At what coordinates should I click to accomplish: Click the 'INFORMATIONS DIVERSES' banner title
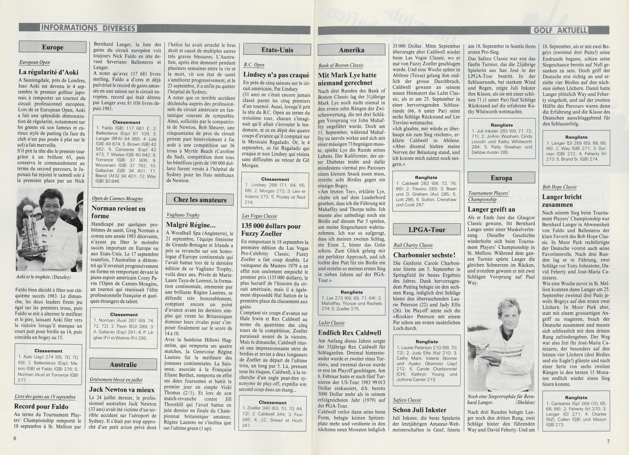click(x=88, y=28)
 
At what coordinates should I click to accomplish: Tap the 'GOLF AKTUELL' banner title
click(x=559, y=30)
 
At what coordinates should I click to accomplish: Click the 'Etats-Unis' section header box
click(x=277, y=50)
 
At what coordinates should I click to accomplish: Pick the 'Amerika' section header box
click(x=351, y=50)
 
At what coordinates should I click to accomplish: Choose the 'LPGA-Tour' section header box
click(x=427, y=230)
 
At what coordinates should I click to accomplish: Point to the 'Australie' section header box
click(x=123, y=364)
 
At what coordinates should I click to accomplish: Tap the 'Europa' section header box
click(x=501, y=178)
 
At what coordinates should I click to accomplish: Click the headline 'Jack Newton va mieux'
click(x=122, y=390)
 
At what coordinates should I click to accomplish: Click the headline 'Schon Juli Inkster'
click(x=420, y=410)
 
